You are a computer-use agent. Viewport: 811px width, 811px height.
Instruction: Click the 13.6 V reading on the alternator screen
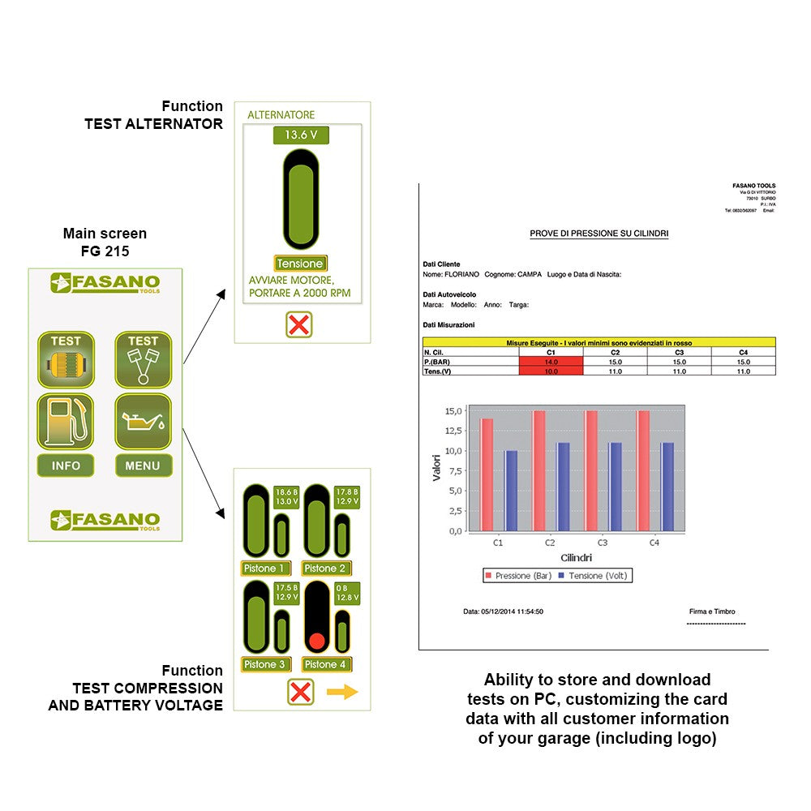point(300,135)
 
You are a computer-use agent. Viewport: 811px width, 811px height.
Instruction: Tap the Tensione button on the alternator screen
point(300,264)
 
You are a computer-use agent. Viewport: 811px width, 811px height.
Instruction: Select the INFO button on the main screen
point(66,466)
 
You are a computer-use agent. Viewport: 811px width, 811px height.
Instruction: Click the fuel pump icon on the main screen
point(66,422)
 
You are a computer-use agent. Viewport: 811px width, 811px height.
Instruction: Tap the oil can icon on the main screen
point(143,422)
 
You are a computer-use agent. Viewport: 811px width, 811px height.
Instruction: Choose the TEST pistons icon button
point(143,359)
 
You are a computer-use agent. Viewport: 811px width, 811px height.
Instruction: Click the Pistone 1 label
point(265,569)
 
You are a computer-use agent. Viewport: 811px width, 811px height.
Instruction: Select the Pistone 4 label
point(325,664)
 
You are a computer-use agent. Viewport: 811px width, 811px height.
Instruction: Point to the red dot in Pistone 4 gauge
point(317,641)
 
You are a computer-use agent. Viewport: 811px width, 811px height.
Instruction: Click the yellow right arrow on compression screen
point(342,693)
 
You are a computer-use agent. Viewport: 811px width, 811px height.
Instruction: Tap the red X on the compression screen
point(300,693)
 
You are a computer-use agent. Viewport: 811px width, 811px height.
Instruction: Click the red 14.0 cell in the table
point(551,362)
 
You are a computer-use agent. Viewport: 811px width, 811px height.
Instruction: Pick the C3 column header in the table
point(679,353)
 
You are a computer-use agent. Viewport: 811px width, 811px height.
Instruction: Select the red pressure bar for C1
point(487,474)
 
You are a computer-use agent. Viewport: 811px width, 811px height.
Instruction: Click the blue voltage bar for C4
point(668,487)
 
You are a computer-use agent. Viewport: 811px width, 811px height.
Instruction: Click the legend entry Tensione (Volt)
point(597,576)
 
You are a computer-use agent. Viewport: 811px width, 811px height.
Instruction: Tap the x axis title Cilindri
point(576,558)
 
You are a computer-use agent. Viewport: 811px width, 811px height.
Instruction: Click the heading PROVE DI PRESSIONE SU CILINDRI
point(599,234)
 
